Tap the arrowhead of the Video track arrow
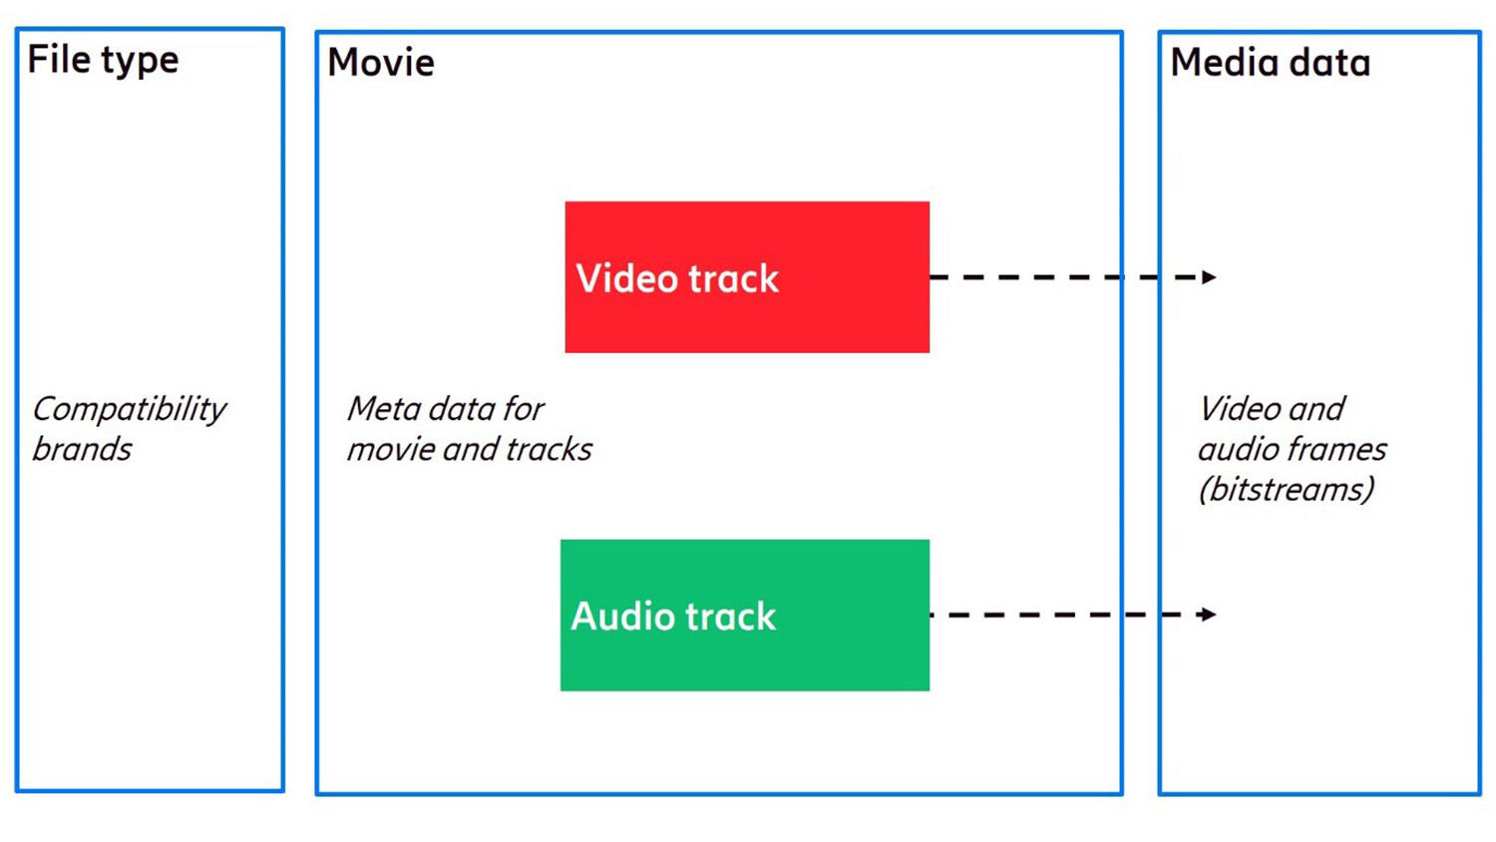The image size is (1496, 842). tap(1209, 277)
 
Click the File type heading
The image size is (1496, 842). tap(103, 60)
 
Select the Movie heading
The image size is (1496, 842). tap(381, 63)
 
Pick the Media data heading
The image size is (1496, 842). tap(1270, 63)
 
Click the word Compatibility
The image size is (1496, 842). tap(130, 410)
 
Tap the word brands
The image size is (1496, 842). tap(82, 450)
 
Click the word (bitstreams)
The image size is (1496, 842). tap(1287, 490)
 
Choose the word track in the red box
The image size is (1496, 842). tap(733, 279)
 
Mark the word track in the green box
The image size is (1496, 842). tap(730, 617)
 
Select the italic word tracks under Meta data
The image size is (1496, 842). tap(549, 450)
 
